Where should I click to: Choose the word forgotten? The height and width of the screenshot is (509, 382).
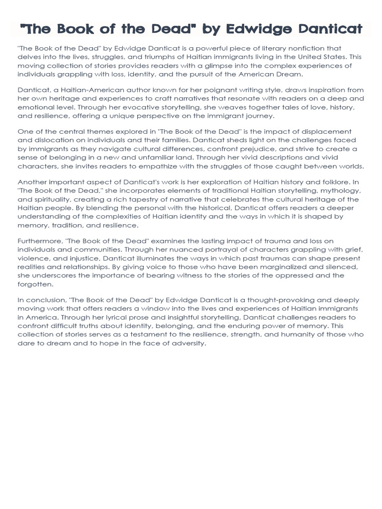pos(35,284)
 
